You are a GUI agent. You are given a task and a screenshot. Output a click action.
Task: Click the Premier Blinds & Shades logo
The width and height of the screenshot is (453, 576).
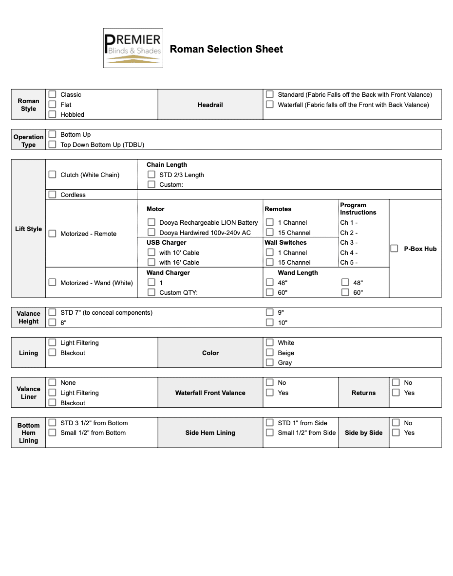coord(133,48)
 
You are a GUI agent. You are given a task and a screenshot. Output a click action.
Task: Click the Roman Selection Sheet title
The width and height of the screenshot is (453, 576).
coord(226,49)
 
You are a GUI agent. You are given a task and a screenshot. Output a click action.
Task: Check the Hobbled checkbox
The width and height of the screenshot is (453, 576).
coord(52,114)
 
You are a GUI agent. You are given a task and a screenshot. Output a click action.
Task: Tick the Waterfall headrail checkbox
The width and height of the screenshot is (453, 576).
coord(269,105)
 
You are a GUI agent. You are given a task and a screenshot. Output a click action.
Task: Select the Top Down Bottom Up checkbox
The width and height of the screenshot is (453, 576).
coord(52,144)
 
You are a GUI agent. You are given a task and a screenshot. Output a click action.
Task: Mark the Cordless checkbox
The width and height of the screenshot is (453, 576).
coord(52,195)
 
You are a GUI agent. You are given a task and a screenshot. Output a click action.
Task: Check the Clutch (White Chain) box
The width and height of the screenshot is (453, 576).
coord(52,175)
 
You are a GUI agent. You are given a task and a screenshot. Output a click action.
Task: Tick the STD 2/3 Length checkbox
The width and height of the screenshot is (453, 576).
coord(151,175)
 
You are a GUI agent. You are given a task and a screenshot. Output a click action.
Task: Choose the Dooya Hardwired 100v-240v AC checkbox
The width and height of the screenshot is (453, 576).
coord(151,233)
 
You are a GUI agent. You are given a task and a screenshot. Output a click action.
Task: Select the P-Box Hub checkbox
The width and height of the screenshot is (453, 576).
coord(395,249)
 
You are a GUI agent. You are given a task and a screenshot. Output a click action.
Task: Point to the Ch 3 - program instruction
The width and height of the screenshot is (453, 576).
coord(349,242)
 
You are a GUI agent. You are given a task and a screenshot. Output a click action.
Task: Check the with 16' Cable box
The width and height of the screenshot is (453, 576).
coord(151,262)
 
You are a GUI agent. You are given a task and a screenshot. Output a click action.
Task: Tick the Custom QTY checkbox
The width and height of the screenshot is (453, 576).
coord(151,292)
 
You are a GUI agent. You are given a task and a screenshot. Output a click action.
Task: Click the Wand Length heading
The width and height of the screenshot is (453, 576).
coord(298,273)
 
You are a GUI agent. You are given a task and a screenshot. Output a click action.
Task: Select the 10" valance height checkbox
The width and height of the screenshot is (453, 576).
coord(269,323)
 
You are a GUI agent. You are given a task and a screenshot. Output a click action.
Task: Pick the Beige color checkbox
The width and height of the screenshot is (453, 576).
coord(269,353)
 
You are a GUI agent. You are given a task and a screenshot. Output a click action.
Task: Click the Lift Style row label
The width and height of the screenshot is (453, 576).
coord(28,229)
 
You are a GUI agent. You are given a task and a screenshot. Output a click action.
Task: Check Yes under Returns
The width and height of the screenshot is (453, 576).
coord(396,393)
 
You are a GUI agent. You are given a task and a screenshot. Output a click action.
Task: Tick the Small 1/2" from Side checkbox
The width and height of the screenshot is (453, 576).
coord(269,432)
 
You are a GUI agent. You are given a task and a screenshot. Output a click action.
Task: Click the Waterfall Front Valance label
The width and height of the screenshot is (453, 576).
coord(210,393)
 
